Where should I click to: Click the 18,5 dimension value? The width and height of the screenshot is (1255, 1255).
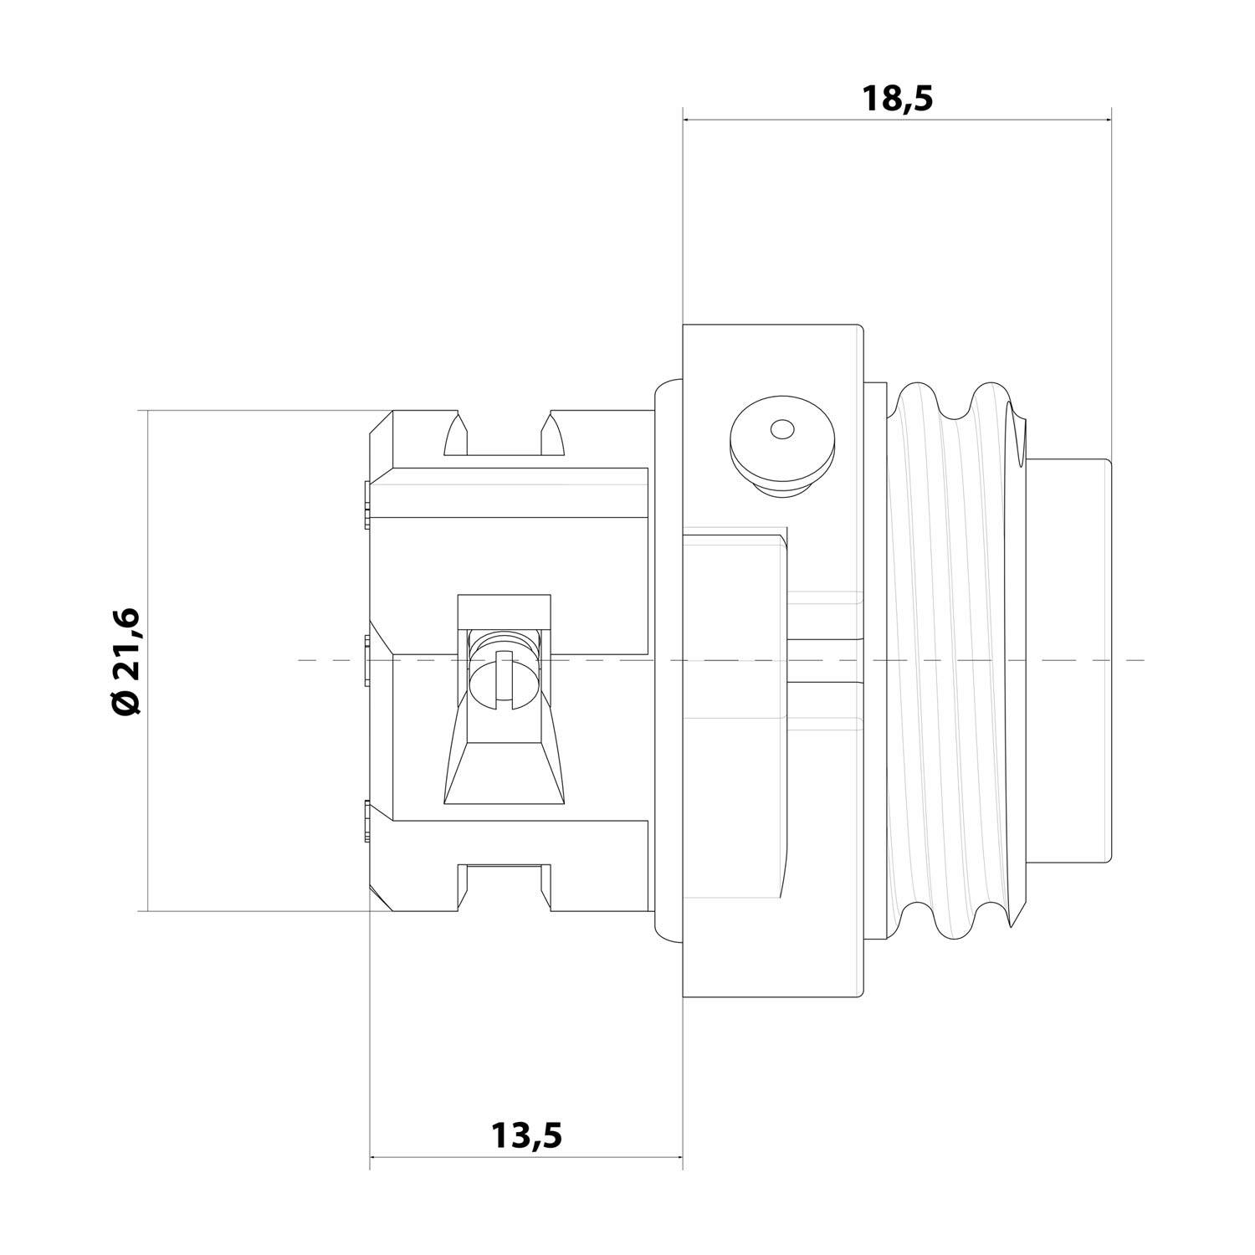click(x=897, y=100)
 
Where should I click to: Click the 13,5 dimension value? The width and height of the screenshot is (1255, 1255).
click(x=526, y=1135)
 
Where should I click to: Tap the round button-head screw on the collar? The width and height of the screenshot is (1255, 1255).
click(x=781, y=440)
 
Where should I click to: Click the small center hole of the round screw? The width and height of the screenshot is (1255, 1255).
click(x=781, y=430)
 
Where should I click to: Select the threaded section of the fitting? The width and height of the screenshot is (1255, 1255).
click(x=954, y=661)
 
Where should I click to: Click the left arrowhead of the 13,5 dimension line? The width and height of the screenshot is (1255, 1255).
click(x=375, y=1158)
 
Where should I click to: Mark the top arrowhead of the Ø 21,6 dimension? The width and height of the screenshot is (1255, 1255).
click(x=147, y=416)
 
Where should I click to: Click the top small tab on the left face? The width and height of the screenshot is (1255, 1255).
click(x=367, y=505)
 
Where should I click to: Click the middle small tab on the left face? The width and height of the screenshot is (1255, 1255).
click(x=367, y=661)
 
